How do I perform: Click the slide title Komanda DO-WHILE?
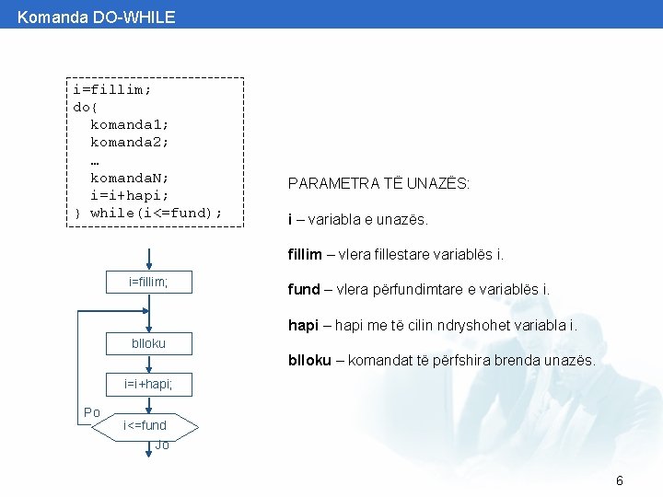tap(96, 17)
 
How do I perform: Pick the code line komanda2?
tap(129, 143)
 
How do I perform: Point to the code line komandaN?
tap(129, 178)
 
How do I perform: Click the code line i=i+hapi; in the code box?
tap(129, 195)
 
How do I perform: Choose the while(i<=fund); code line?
tap(156, 213)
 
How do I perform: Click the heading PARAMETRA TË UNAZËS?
tap(378, 184)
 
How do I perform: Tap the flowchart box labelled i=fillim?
tap(148, 282)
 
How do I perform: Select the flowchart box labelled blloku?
tap(148, 343)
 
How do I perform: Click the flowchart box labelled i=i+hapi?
tap(148, 383)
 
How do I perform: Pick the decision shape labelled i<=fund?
tap(147, 425)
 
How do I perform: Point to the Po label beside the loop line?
tap(92, 412)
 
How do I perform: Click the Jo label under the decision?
tap(162, 445)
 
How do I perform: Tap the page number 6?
tap(620, 480)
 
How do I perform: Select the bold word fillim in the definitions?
tap(305, 254)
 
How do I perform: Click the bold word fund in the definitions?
tap(304, 289)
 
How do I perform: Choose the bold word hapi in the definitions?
tap(303, 325)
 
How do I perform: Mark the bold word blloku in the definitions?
tap(309, 360)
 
